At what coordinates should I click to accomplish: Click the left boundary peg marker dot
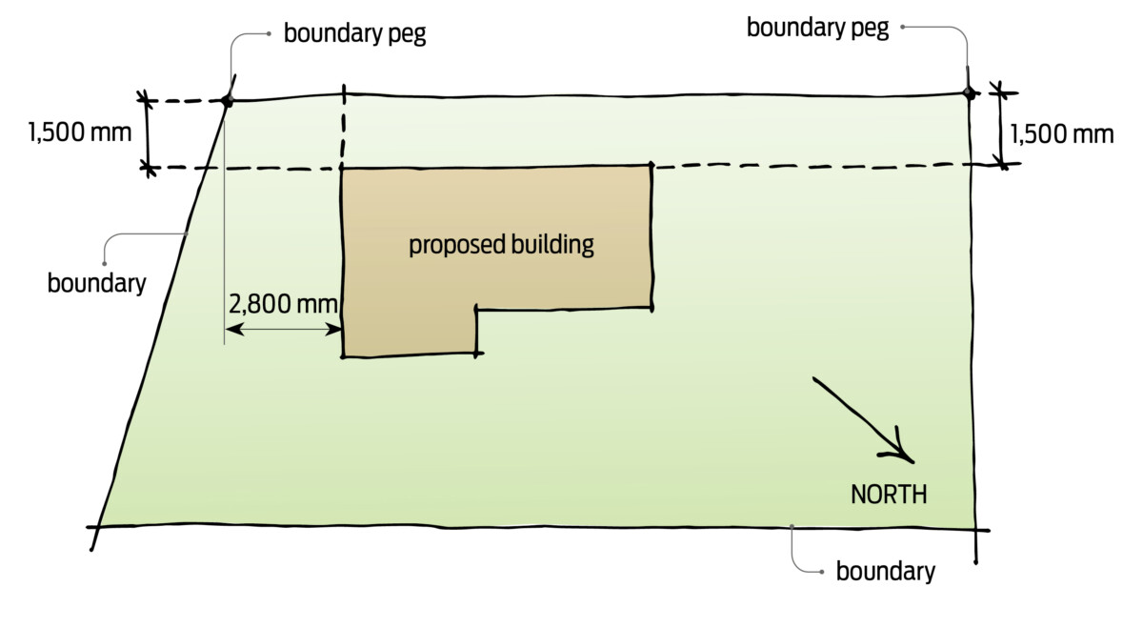(x=227, y=99)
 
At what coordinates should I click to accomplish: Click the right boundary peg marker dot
(x=968, y=92)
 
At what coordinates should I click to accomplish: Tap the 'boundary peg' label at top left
(x=354, y=34)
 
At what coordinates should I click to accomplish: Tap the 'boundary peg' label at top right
(x=817, y=28)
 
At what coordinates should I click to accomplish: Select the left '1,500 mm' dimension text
(x=80, y=132)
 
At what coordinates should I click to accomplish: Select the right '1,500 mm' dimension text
(x=1061, y=133)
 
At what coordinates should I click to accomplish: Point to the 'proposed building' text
(x=501, y=245)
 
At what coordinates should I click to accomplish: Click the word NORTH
(x=888, y=496)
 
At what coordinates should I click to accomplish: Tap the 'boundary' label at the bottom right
(x=885, y=572)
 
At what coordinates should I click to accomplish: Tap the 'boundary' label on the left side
(x=96, y=283)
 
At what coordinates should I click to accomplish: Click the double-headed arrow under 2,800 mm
(x=283, y=330)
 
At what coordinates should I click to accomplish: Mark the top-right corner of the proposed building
(x=652, y=167)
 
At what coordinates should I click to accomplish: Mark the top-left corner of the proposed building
(x=343, y=170)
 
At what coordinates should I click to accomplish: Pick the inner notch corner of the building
(x=476, y=310)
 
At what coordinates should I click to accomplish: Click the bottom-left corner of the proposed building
(x=343, y=355)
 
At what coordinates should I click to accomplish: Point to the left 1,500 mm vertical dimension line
(x=147, y=133)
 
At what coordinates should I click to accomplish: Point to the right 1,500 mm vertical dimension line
(x=1000, y=127)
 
